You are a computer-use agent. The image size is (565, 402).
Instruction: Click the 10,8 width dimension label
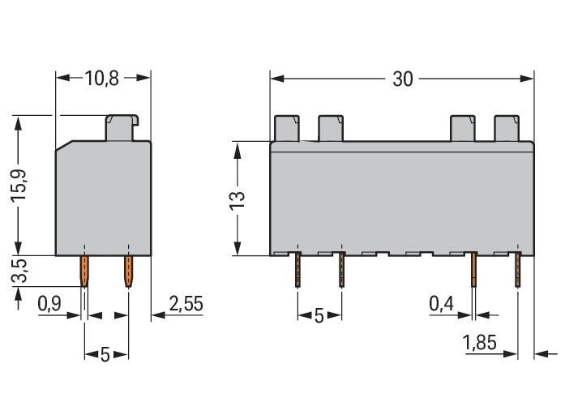[x=102, y=79]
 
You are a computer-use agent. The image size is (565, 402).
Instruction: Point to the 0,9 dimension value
[x=50, y=304]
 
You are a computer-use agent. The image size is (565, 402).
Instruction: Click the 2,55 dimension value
[x=186, y=304]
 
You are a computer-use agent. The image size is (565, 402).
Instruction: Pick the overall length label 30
[x=402, y=79]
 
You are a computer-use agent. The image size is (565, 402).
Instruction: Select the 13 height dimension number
[x=237, y=199]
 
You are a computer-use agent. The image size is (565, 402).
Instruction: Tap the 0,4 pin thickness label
[x=442, y=304]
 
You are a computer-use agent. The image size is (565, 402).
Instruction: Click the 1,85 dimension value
[x=480, y=342]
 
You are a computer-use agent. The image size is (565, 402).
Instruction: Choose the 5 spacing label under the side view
[x=105, y=354]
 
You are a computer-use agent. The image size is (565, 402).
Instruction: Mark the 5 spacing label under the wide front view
[x=319, y=315]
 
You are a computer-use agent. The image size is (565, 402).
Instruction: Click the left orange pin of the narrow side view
[x=84, y=272]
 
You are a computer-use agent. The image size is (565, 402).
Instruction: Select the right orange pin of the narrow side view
[x=127, y=272]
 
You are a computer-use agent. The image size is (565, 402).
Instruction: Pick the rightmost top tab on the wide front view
[x=507, y=128]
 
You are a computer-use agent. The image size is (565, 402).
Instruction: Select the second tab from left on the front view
[x=331, y=128]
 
